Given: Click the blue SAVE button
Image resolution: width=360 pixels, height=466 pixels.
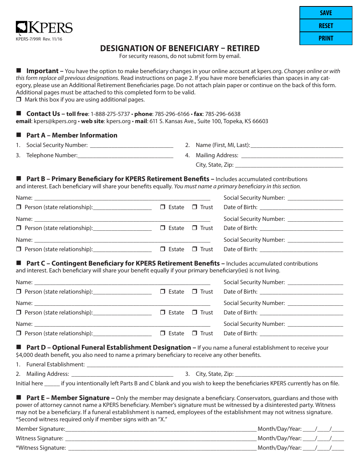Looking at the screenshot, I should coord(326,13).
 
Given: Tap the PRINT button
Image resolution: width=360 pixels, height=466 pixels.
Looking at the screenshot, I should coord(326,38).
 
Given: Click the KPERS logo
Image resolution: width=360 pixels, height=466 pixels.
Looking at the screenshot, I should coord(44,28).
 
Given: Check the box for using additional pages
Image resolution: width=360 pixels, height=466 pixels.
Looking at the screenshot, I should coord(19,100).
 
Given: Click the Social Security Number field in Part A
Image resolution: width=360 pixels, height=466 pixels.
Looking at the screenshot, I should coord(131,145).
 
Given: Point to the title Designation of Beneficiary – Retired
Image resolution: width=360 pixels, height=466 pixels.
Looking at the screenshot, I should coord(180,48).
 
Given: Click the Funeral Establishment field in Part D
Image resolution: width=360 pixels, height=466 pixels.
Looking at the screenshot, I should coord(214,364).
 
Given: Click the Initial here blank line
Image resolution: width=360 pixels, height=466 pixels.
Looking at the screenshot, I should coord(52,383).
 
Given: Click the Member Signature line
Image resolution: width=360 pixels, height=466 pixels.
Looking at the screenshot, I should coord(161,429).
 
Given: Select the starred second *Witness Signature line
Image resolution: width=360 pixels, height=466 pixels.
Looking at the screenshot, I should coord(162,448).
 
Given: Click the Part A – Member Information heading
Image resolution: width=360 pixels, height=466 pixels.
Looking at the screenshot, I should coord(72,135).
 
